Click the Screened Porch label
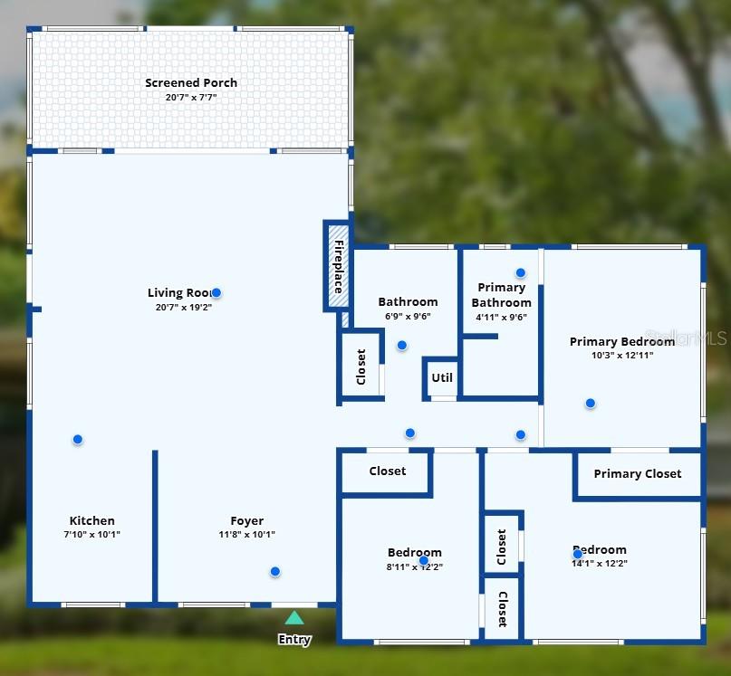coord(191,83)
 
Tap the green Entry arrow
coord(294,618)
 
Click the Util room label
coord(442,378)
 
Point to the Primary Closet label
coord(637,474)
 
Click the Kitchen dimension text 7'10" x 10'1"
coord(92,535)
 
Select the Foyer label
coord(246,521)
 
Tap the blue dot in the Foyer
coord(274,571)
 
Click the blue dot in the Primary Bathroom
coord(521,272)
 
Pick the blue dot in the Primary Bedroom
coord(590,403)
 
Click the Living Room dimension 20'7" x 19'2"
coord(184,307)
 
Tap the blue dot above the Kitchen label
coord(78,439)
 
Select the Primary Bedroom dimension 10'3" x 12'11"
coord(621,356)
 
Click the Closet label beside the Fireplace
coord(361,367)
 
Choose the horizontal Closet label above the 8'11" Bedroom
coord(387,471)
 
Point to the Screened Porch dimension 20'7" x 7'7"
coord(191,97)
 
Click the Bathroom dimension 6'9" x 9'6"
coord(408,317)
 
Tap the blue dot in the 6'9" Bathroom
coord(402,345)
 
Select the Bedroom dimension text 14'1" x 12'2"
coord(599,564)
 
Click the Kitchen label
coord(92,521)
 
